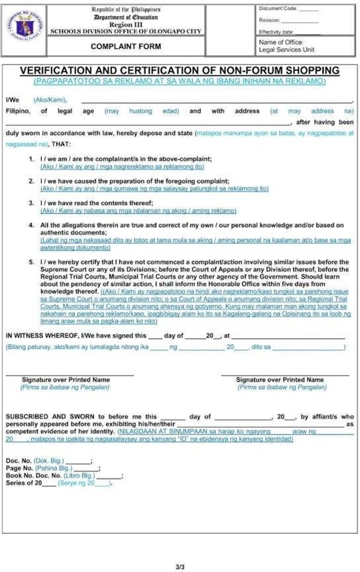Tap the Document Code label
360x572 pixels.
pos(278,8)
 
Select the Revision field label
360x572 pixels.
pos(269,20)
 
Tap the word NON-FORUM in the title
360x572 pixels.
pos(246,70)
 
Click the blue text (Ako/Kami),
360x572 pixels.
pos(50,100)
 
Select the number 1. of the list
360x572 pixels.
pos(31,159)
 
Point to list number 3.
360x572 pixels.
pos(31,203)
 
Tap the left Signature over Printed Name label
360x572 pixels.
pos(66,379)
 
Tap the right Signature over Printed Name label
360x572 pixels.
pos(280,379)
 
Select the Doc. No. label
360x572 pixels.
pos(18,461)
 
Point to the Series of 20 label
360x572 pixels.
pos(24,483)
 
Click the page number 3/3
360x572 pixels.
pos(179,566)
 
